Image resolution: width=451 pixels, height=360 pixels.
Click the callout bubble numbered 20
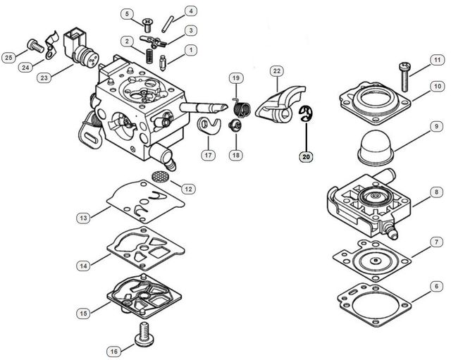[305, 156]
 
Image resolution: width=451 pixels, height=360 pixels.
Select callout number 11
[437, 59]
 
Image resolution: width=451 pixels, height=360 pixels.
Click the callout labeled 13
[83, 219]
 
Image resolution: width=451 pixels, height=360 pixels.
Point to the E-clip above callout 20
[304, 114]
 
